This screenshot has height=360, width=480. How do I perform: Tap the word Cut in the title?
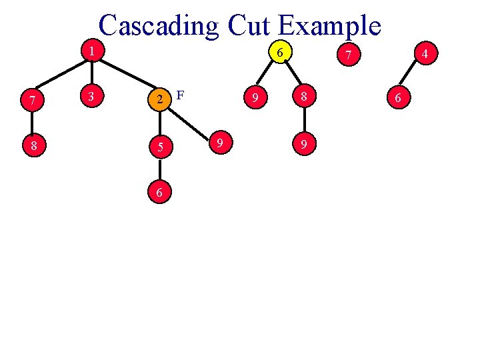coord(249,25)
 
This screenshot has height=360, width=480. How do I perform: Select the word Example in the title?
coord(329,25)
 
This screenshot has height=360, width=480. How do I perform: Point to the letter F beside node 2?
coord(180,95)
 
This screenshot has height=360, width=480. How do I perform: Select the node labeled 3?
coord(91,98)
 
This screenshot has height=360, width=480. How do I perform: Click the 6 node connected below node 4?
coord(398,98)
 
